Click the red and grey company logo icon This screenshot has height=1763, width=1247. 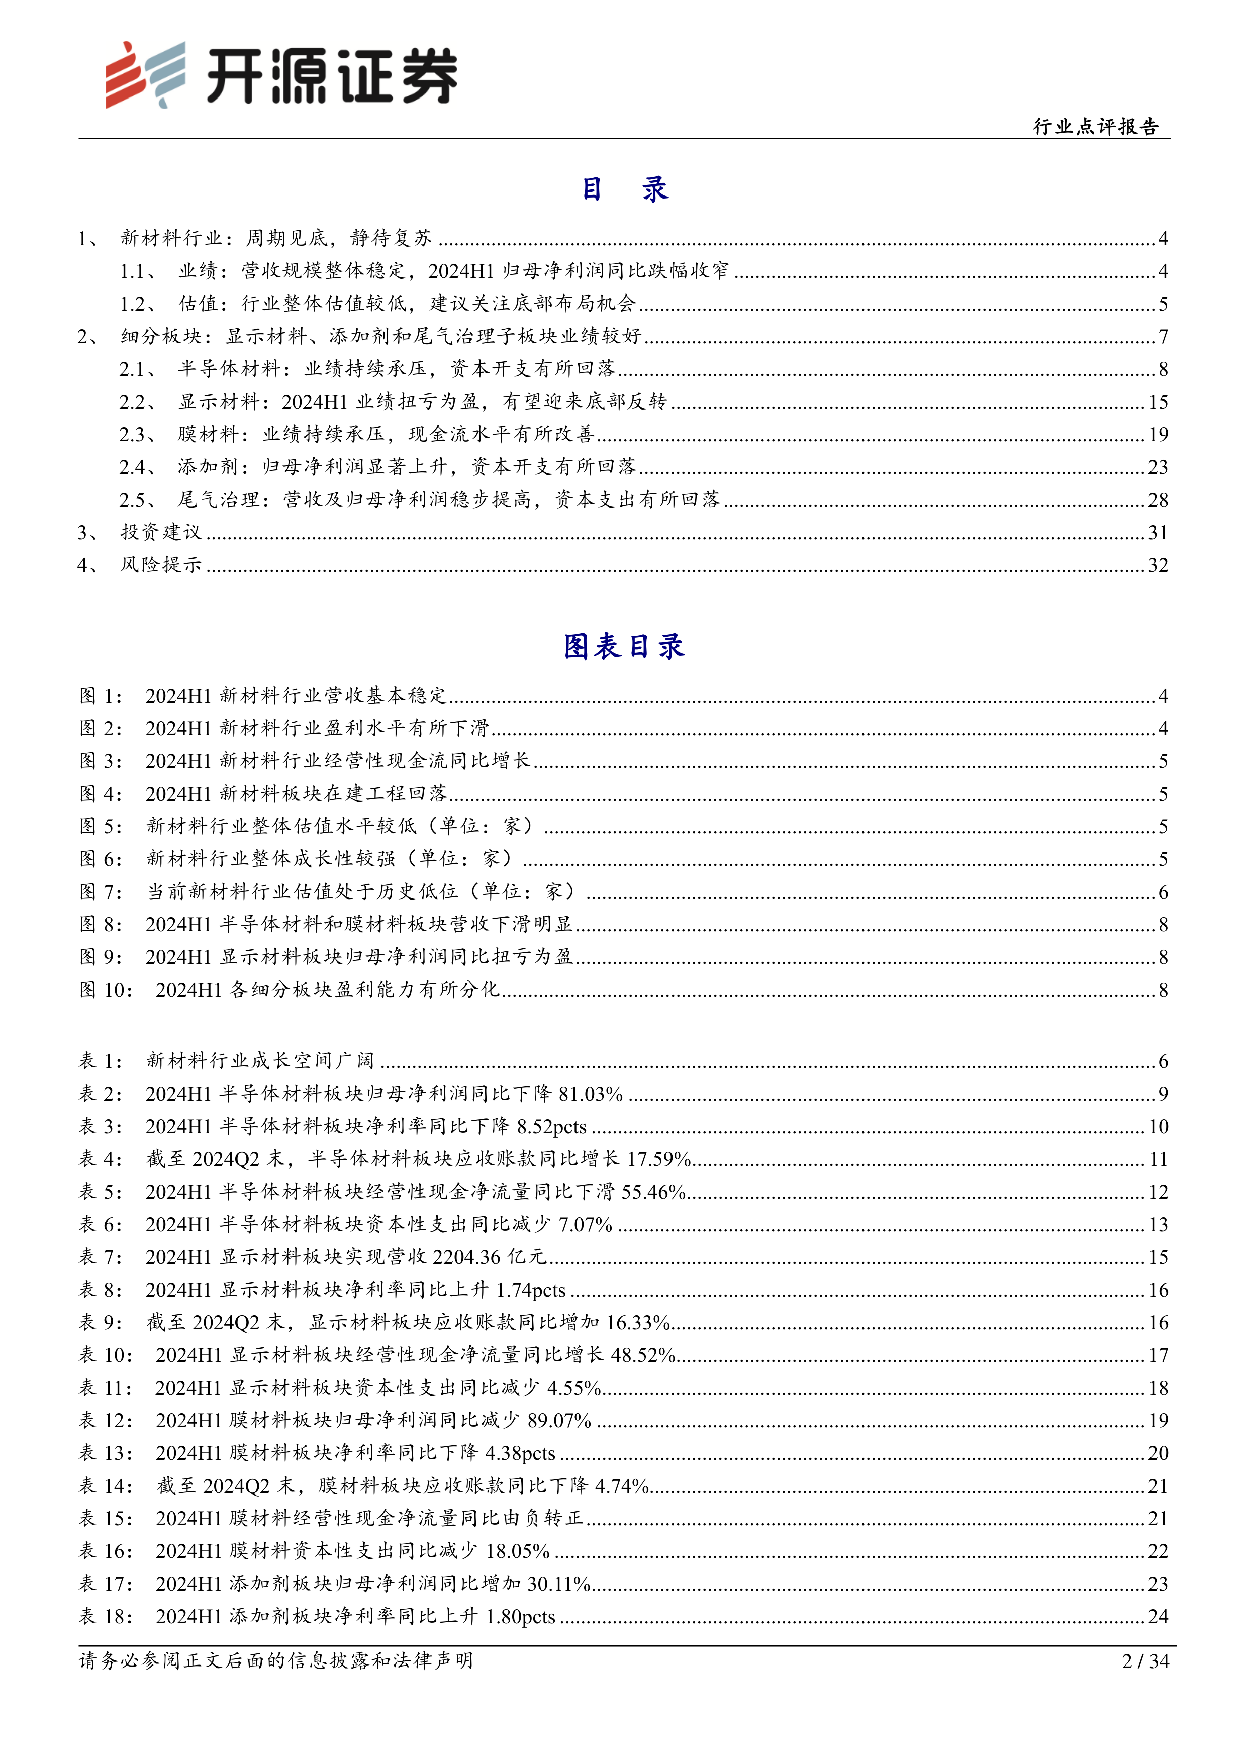pyautogui.click(x=144, y=74)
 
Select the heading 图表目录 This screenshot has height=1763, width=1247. pyautogui.click(x=623, y=646)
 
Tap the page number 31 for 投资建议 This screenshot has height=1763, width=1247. pyautogui.click(x=1158, y=533)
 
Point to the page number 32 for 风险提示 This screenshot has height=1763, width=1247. pyautogui.click(x=1158, y=566)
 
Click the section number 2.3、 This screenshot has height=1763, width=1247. pyautogui.click(x=138, y=435)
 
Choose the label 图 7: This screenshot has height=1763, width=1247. pyautogui.click(x=101, y=892)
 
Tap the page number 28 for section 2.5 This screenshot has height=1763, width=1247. pyautogui.click(x=1158, y=500)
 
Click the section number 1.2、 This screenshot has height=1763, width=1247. pyautogui.click(x=138, y=304)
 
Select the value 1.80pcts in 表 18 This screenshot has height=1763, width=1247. pyautogui.click(x=521, y=1616)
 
